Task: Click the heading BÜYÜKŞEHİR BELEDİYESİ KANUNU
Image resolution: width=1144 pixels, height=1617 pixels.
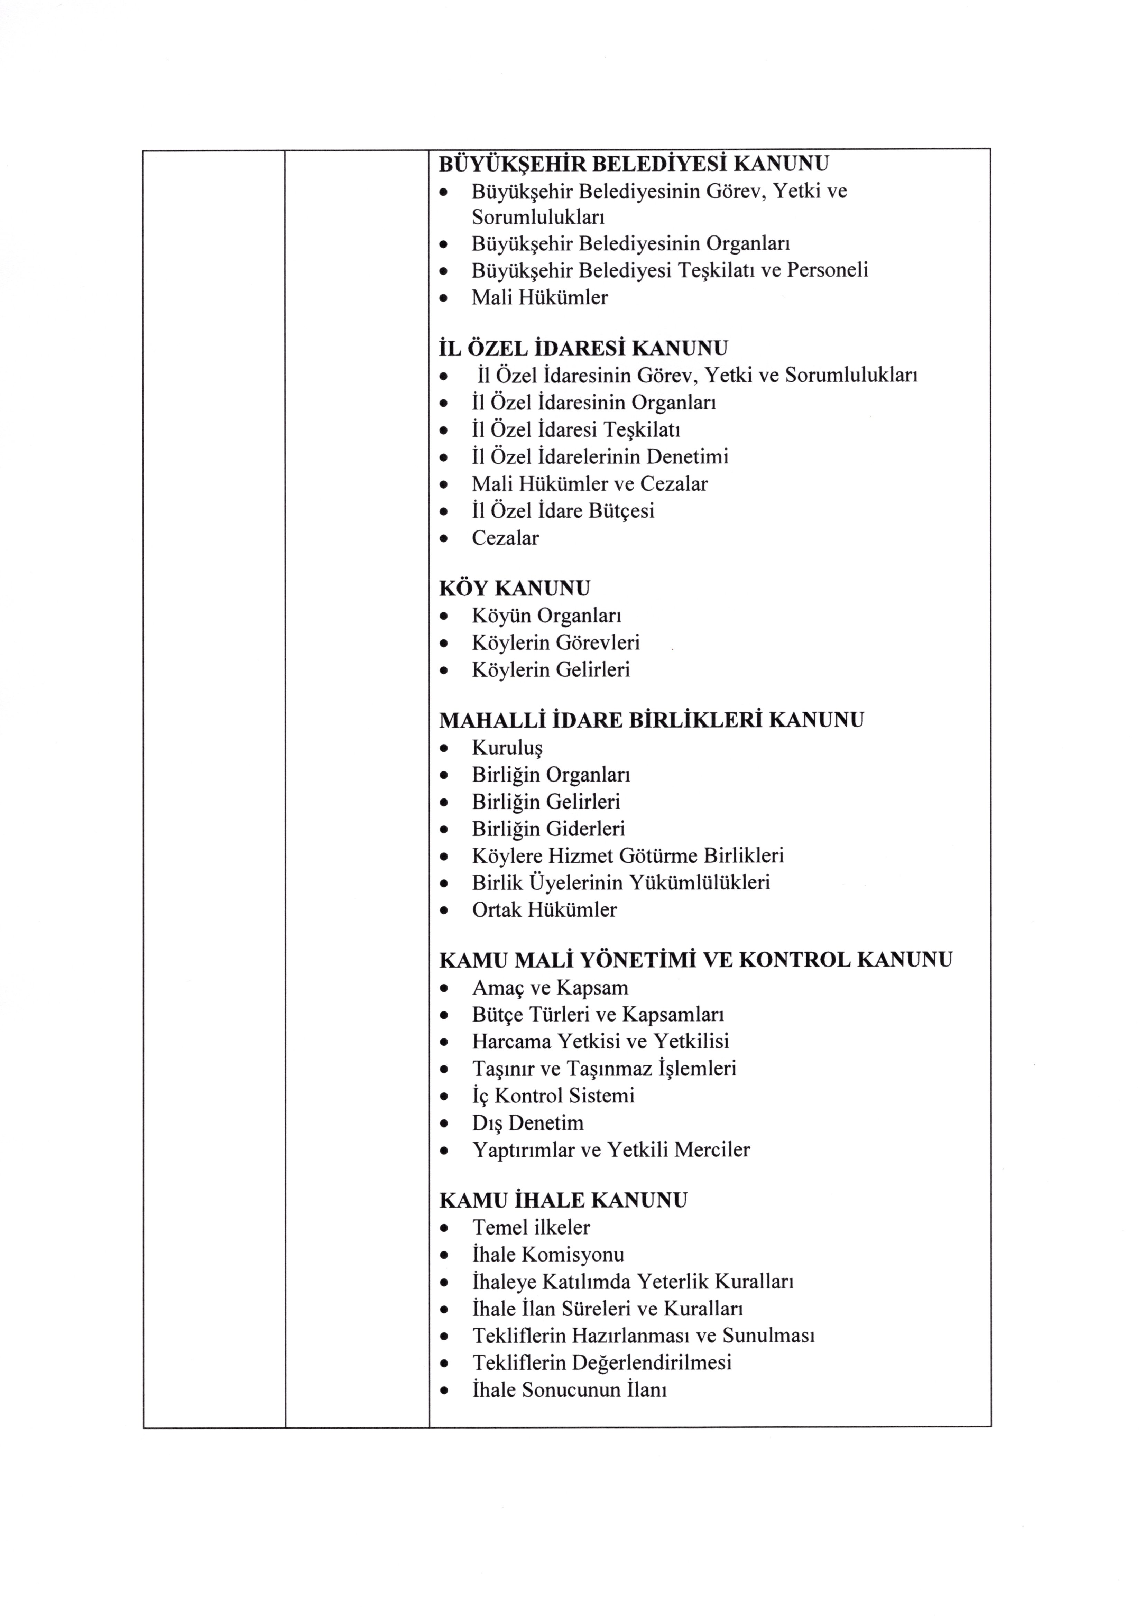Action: coord(633,164)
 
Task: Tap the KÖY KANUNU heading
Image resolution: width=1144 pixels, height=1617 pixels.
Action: coord(514,588)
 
